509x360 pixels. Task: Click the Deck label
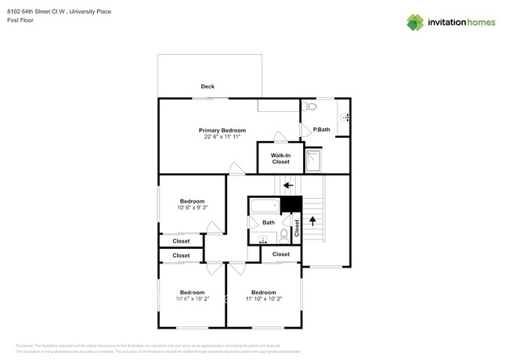coord(208,87)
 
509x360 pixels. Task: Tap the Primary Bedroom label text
coord(222,130)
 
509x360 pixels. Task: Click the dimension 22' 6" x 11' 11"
coord(222,137)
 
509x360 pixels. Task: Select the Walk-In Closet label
coord(280,158)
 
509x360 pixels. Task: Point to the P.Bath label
coord(320,130)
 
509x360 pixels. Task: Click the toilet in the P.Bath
coord(309,106)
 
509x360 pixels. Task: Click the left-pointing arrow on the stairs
coord(288,185)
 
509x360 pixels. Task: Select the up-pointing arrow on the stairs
coord(313,221)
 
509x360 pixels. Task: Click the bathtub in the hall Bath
coord(264,207)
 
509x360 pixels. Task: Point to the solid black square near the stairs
coord(291,204)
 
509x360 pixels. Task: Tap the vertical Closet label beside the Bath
coord(297,227)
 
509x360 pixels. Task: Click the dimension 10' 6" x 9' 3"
coord(192,208)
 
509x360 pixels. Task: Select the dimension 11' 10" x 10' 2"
coord(263,299)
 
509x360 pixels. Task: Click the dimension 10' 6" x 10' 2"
coord(192,299)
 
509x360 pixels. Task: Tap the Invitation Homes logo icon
coord(415,22)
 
